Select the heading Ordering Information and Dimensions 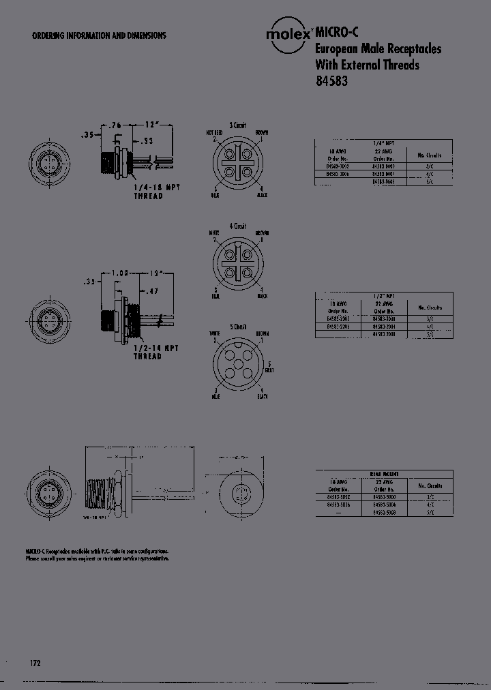(99, 35)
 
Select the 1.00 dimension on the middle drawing (121, 273)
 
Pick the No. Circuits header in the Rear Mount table (430, 486)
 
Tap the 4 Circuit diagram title (237, 226)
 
